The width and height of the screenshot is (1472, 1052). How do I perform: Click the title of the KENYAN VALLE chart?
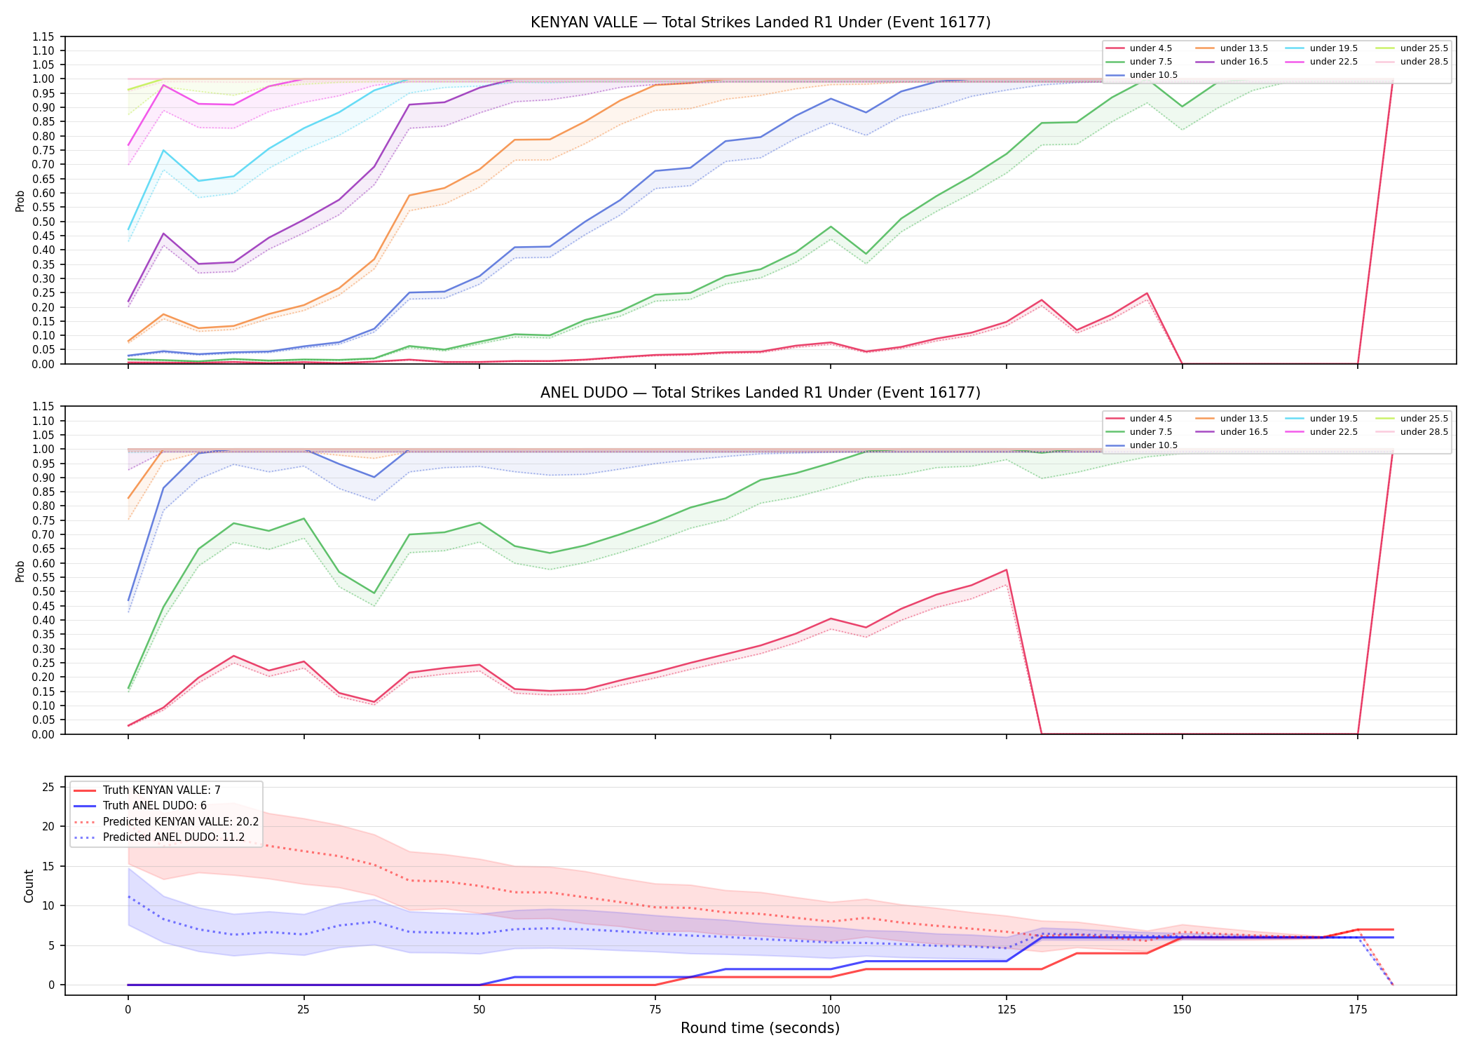click(761, 22)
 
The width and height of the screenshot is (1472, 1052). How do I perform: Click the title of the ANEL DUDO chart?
click(761, 393)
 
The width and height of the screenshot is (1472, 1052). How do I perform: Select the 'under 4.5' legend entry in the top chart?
click(1139, 48)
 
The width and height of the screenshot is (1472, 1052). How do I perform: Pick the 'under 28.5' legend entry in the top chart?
click(1412, 62)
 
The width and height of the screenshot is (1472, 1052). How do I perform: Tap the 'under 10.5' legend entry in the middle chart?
click(1142, 445)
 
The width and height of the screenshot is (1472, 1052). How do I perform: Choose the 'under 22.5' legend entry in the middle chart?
click(1322, 432)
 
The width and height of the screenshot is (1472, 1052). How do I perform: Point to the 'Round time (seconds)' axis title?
click(760, 1028)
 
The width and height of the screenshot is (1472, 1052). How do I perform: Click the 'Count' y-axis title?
click(29, 886)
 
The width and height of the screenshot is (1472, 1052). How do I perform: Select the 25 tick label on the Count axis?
click(48, 787)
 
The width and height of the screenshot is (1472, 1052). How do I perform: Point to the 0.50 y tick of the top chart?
click(44, 222)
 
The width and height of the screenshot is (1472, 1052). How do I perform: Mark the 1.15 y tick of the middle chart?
click(44, 407)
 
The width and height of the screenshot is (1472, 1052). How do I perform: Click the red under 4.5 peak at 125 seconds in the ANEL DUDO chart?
click(1007, 569)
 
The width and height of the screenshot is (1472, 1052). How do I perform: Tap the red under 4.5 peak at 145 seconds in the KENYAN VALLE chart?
click(1147, 293)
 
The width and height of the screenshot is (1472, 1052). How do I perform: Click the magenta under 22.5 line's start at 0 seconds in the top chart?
click(128, 145)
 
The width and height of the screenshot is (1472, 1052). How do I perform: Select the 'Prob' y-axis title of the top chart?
click(20, 201)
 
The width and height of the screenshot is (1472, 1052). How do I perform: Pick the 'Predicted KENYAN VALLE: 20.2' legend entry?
click(166, 821)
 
